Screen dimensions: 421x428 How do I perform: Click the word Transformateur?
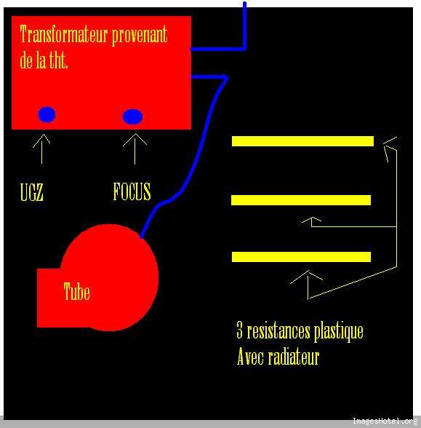tap(64, 33)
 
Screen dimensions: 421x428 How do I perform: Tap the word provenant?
tap(140, 36)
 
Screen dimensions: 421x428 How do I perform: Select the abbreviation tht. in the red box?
tap(58, 59)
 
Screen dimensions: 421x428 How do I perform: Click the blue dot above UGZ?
tap(47, 114)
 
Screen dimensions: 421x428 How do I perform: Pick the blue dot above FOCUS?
tap(132, 116)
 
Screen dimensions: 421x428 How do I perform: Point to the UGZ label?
tap(32, 192)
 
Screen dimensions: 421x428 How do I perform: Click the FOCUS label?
tap(132, 191)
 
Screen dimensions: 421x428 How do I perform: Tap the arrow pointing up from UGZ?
tap(41, 148)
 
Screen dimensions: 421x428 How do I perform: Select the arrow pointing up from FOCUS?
tap(135, 149)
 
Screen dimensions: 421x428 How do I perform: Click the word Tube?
tap(76, 291)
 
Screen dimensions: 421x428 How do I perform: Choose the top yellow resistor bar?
tap(302, 141)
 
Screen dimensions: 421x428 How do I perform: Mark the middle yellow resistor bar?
tap(301, 200)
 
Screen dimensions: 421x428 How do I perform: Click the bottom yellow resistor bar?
tap(301, 257)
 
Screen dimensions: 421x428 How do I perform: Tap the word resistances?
tap(278, 331)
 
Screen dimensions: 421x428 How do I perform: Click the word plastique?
tap(339, 332)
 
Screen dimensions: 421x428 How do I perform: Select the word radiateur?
tap(294, 357)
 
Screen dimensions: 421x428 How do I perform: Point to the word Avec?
tap(250, 357)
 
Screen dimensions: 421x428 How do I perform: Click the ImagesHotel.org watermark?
tap(385, 421)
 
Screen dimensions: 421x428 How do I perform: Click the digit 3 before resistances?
tap(239, 330)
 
